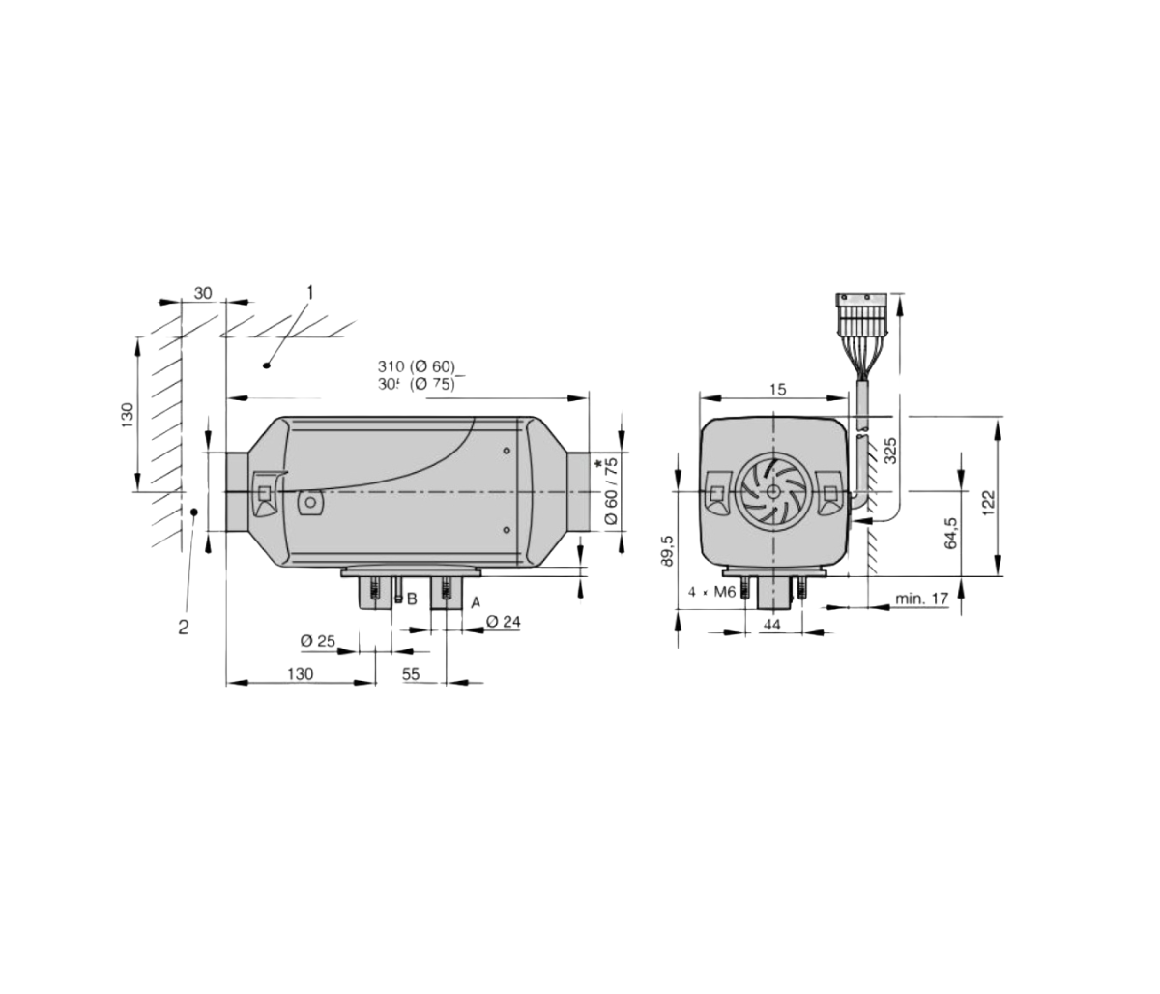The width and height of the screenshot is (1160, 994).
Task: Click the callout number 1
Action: point(310,291)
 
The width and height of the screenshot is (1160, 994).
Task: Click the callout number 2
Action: point(183,627)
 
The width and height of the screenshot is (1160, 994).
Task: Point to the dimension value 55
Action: point(411,674)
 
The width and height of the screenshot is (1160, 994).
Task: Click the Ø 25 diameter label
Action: point(317,641)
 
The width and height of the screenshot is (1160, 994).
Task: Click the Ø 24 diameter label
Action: point(503,622)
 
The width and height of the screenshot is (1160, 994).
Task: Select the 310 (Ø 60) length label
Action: point(416,366)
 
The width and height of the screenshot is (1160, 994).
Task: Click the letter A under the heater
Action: point(475,601)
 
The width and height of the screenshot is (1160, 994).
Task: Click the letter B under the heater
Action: point(411,599)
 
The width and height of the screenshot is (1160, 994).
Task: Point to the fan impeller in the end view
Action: point(770,491)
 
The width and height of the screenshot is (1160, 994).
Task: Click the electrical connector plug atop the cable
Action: point(860,306)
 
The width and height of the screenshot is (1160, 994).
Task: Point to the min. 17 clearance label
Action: point(920,599)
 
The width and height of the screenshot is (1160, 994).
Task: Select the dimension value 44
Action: point(771,625)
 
